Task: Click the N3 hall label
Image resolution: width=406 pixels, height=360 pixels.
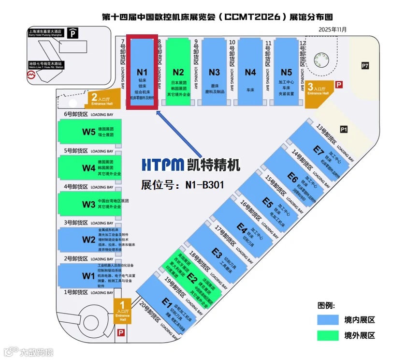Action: [214, 73]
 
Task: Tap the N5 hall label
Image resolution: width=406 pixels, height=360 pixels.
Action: [286, 73]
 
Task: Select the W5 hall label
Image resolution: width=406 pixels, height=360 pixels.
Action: [88, 132]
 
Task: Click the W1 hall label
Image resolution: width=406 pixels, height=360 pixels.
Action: [88, 276]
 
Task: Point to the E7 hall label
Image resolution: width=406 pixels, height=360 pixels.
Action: [318, 150]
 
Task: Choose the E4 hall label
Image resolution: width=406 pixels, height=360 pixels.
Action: [242, 226]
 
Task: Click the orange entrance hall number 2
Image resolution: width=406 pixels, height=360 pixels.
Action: [95, 96]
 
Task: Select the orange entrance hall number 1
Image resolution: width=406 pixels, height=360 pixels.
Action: [122, 304]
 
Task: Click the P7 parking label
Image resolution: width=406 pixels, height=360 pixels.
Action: [365, 65]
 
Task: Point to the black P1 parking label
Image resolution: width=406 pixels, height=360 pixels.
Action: [344, 129]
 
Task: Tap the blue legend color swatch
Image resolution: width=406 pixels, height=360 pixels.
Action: [328, 320]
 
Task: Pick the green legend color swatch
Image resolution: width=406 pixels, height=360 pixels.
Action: [328, 335]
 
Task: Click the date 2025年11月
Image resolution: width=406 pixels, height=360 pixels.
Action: [333, 30]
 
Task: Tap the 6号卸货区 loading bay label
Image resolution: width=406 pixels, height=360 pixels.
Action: [76, 114]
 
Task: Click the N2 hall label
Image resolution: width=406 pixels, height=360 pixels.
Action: [178, 73]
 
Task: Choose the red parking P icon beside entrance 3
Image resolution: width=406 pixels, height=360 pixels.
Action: [339, 84]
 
